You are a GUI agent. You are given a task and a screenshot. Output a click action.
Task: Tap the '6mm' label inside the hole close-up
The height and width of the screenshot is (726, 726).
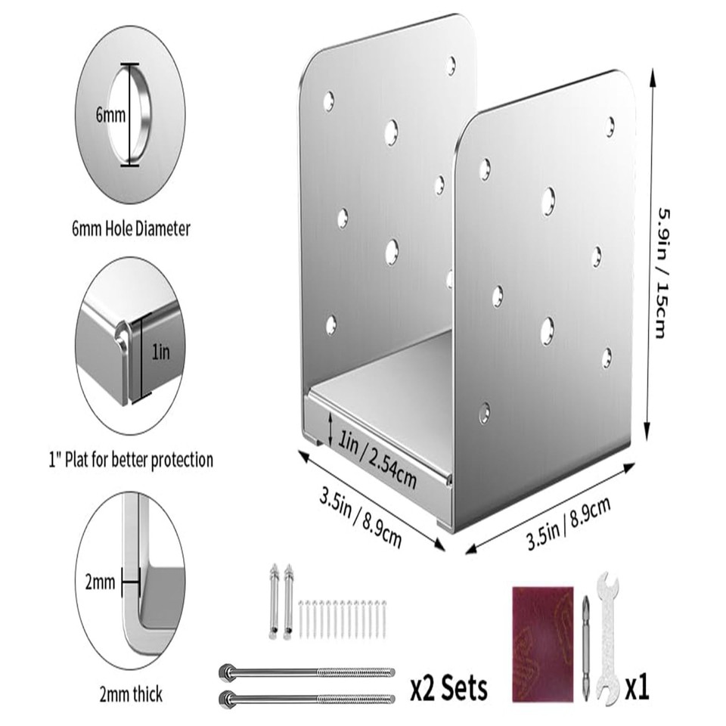point(110,115)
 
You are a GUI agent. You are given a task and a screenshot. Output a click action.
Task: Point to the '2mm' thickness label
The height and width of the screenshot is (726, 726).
point(100,582)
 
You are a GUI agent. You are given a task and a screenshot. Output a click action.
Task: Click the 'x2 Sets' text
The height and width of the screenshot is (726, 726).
point(448,687)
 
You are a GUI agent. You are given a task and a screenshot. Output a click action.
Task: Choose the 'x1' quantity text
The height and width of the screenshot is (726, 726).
point(637,687)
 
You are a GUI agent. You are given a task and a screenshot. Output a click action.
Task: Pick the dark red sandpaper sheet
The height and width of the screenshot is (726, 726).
point(543,643)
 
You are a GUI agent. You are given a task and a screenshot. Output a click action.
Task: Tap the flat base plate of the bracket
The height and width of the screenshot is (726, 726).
point(393,393)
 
